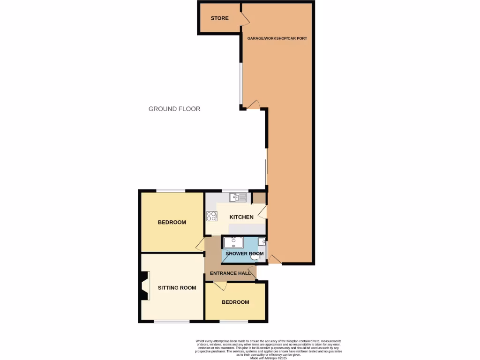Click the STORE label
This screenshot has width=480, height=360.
(x=219, y=18)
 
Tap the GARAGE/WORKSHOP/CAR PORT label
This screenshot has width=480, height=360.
(x=277, y=38)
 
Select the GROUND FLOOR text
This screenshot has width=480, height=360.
(x=174, y=109)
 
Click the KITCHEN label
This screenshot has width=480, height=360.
(x=241, y=217)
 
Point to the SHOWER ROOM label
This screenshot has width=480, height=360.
(x=245, y=254)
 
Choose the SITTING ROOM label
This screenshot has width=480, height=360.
(x=177, y=287)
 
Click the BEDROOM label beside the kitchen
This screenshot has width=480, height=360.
(x=172, y=222)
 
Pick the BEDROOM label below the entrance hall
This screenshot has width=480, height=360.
(x=235, y=302)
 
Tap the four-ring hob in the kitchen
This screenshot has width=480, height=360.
(x=211, y=216)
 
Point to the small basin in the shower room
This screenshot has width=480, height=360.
(x=262, y=242)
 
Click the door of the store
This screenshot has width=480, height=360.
(x=244, y=18)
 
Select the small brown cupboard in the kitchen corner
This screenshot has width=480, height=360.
(x=259, y=197)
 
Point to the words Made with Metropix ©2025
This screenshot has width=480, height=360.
(x=268, y=358)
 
